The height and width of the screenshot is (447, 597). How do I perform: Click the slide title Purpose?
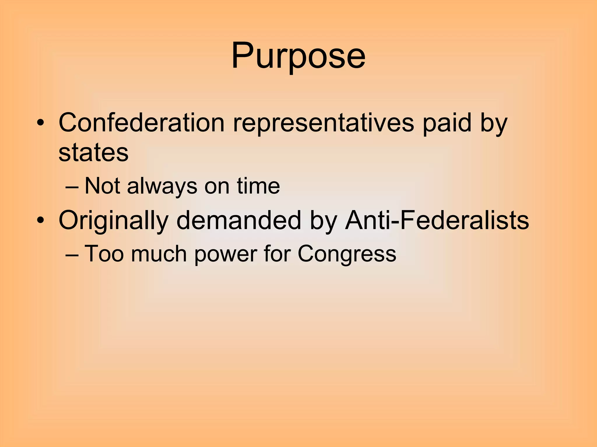point(298,56)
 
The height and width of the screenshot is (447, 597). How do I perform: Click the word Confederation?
point(141,123)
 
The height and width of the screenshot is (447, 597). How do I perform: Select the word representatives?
point(323,123)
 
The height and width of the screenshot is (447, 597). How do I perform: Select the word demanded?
point(238,220)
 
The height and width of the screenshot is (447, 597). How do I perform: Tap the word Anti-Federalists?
point(437,220)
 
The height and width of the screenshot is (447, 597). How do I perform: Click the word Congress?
point(347,254)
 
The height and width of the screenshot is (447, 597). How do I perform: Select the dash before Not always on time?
point(72,187)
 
